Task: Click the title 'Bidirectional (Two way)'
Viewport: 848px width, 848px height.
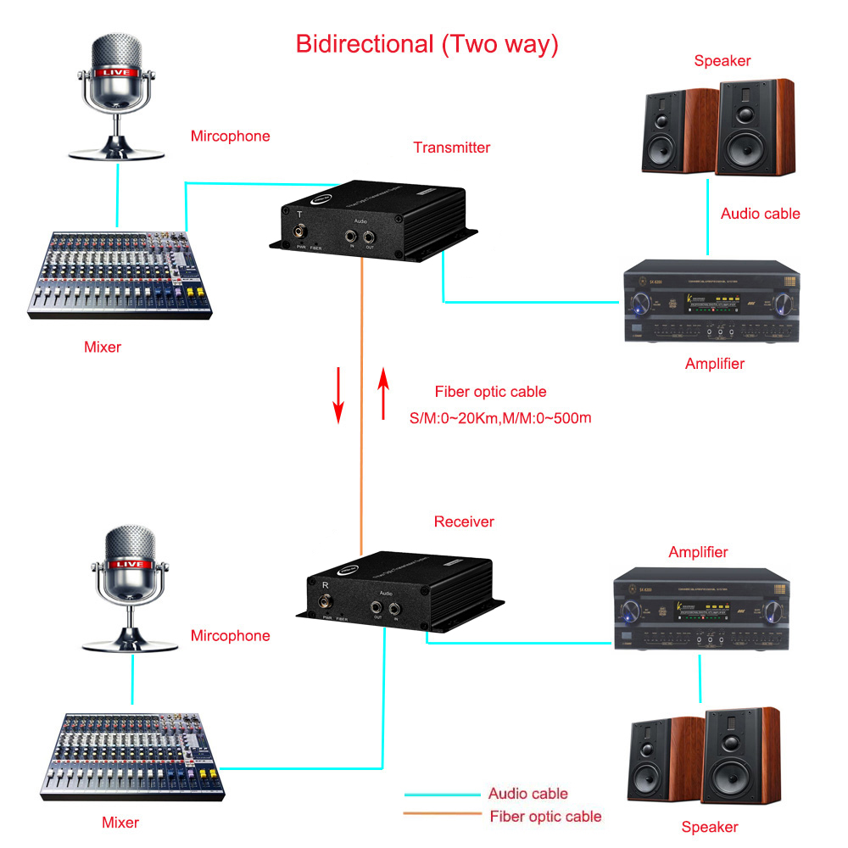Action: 427,44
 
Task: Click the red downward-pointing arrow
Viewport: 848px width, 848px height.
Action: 338,395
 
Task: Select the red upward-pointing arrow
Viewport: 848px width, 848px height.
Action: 383,393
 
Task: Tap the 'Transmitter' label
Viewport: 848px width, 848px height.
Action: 451,148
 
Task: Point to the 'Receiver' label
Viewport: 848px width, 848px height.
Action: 464,522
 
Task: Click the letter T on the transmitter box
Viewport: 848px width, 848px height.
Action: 298,214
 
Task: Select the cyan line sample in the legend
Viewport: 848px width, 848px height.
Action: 441,795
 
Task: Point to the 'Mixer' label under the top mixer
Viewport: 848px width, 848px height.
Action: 103,346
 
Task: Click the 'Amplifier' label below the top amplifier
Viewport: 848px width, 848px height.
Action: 714,364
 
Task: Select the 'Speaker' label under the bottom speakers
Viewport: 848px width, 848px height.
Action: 710,827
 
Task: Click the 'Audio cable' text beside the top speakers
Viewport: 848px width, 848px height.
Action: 760,214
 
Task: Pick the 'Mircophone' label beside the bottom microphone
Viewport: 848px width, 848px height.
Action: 230,636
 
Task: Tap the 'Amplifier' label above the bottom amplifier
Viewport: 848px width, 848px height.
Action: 698,552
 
